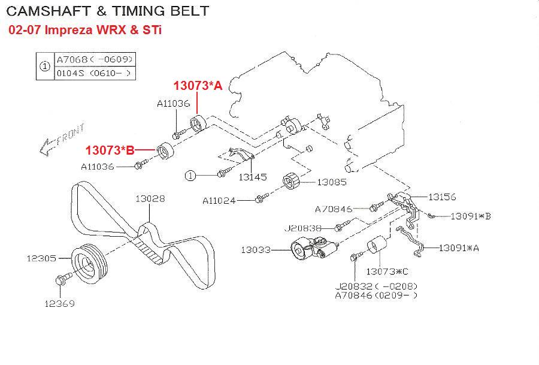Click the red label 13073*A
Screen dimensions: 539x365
[198, 85]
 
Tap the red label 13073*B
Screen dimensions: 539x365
[110, 150]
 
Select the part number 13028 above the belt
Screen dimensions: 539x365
[150, 198]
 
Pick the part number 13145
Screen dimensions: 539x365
[253, 177]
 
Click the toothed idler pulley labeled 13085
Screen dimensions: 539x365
[291, 180]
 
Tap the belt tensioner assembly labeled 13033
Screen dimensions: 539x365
[314, 249]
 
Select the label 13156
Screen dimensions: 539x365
[442, 197]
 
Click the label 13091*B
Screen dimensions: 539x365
[471, 216]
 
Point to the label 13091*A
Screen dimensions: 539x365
[459, 248]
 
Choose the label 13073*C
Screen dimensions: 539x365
[387, 272]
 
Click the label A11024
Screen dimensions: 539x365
[219, 200]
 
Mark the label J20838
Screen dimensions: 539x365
[302, 228]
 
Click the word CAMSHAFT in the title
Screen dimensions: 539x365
[49, 11]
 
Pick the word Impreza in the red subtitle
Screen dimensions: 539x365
[68, 30]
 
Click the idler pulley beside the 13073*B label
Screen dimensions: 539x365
[165, 150]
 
